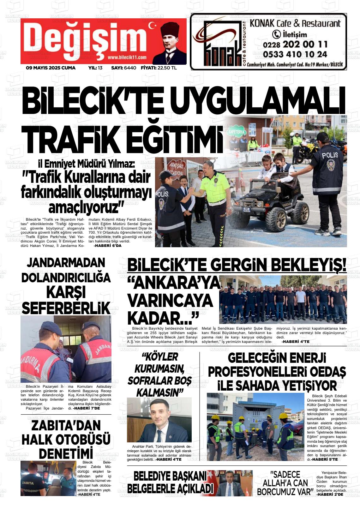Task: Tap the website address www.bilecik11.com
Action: pos(127,57)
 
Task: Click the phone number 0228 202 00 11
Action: pos(295,44)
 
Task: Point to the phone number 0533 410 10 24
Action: pos(295,54)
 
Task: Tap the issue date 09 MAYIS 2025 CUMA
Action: pos(51,68)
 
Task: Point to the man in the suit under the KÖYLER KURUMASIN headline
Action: pos(159,422)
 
